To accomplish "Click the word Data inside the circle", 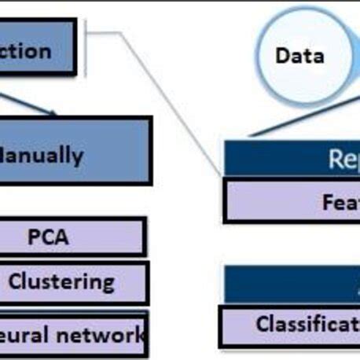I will pos(299,56).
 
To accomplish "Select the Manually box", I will pos(75,152).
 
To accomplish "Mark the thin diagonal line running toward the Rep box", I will pos(173,102).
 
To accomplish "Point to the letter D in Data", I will pos(281,56).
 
